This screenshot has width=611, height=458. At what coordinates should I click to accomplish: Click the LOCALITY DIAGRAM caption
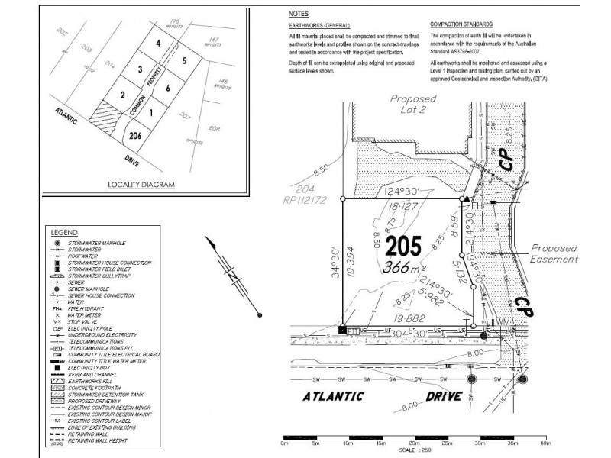point(141,185)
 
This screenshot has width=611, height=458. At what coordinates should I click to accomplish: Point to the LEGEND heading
point(64,231)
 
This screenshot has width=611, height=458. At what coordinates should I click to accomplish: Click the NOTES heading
point(299,15)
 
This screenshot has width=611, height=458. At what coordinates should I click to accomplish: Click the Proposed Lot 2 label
point(412,104)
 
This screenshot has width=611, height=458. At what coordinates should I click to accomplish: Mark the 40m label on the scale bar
point(545,442)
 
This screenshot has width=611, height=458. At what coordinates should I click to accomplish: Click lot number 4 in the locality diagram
point(157,44)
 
